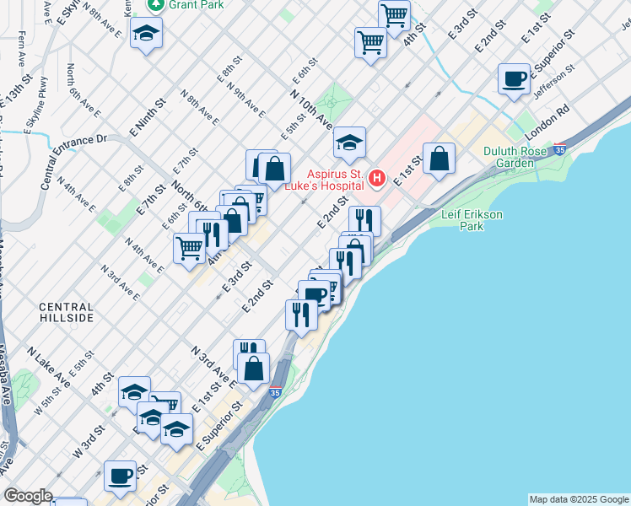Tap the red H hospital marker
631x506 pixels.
[377, 178]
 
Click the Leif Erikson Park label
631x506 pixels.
[472, 221]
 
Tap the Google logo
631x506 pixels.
[27, 496]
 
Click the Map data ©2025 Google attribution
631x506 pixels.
[578, 499]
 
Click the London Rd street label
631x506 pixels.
[547, 123]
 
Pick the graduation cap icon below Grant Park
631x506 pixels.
[147, 34]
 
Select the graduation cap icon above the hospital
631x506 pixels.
[349, 143]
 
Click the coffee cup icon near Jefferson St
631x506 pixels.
[514, 80]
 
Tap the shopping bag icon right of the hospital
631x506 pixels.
[439, 159]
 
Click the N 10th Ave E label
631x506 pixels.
[311, 110]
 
